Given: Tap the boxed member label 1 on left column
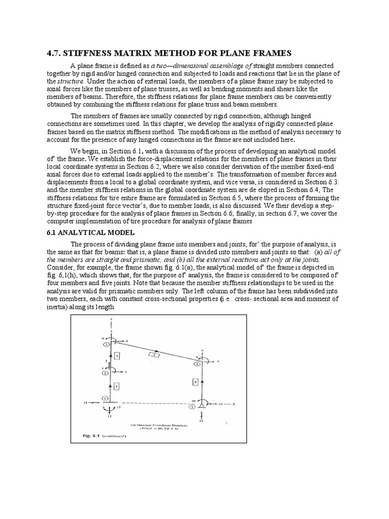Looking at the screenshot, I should click(x=116, y=387).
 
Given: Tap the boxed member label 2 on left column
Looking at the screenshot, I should click(x=117, y=356).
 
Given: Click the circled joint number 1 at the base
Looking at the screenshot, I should click(x=106, y=398).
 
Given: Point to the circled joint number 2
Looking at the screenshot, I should click(x=105, y=373).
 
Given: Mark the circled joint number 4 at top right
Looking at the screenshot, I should click(x=198, y=363).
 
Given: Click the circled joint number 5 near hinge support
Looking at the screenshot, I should click(x=192, y=406).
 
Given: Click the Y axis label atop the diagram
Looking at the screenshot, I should click(x=110, y=319).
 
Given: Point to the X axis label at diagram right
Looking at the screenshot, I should click(x=235, y=404).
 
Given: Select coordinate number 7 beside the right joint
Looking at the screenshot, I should click(x=217, y=362).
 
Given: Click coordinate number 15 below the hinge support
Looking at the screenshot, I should click(x=201, y=421).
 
